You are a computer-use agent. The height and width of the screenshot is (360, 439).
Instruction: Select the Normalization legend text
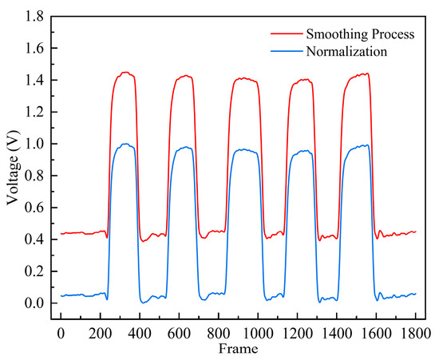point(344,50)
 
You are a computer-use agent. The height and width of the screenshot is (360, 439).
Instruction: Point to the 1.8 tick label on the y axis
point(34,17)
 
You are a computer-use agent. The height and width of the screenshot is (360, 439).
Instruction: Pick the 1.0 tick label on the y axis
point(34,144)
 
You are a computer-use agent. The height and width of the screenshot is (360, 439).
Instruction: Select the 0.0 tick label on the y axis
point(34,304)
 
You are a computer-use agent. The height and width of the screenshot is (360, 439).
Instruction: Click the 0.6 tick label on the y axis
point(34,208)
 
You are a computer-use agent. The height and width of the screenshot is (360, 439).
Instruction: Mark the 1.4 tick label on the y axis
point(34,81)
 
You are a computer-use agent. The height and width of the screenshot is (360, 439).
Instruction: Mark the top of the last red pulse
point(363,74)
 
